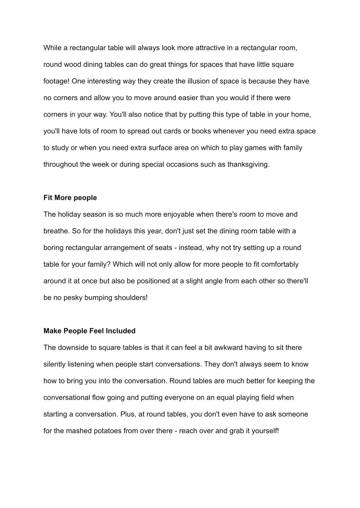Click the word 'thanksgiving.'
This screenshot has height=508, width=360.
249,164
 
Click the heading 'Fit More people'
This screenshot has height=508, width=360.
70,198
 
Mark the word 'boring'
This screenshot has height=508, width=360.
53,248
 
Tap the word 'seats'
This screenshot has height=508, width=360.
163,248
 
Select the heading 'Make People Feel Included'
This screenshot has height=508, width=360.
89,331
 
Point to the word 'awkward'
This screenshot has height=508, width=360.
229,347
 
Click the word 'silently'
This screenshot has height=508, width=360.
54,364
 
